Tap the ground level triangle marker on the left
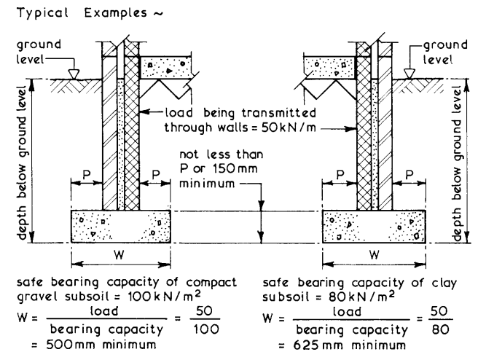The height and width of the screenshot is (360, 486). [x=74, y=74]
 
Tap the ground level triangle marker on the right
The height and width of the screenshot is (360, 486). [x=409, y=74]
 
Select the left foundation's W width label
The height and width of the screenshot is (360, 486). [x=119, y=255]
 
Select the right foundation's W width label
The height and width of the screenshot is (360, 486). [x=375, y=255]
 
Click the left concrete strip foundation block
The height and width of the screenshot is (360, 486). [x=121, y=227]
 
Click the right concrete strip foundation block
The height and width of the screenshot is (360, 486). [x=374, y=227]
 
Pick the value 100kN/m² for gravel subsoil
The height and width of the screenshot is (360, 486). [x=164, y=296]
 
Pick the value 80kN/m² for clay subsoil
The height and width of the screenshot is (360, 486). [x=361, y=297]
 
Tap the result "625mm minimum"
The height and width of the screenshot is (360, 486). [x=349, y=345]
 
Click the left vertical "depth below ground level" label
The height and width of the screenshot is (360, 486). [x=23, y=163]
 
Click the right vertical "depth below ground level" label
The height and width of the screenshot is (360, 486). [x=458, y=163]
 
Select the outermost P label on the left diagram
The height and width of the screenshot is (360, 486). [x=87, y=175]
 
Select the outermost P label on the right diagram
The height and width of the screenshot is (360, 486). [x=409, y=175]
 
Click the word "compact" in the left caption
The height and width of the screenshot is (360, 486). [x=211, y=283]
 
